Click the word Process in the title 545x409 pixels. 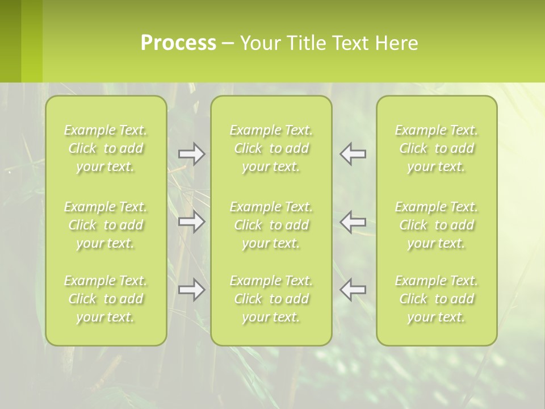tap(178, 43)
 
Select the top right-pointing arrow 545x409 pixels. tap(191, 154)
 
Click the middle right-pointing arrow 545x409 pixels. tap(191, 222)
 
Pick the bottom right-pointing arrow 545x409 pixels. tap(191, 290)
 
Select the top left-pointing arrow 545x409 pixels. tap(353, 154)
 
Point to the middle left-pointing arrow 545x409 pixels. tap(353, 222)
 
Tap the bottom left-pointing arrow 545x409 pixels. tap(353, 290)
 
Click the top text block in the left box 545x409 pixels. tap(106, 148)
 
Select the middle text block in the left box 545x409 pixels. tap(106, 225)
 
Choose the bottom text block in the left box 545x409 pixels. tap(106, 299)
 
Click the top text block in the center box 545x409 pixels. tap(271, 148)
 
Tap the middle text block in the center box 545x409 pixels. tap(271, 225)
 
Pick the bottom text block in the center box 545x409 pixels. tap(271, 299)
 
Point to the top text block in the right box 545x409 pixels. tap(437, 148)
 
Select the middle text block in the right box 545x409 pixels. tap(437, 225)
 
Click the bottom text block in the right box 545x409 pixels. tap(437, 299)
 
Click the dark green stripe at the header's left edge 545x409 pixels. tap(10, 41)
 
